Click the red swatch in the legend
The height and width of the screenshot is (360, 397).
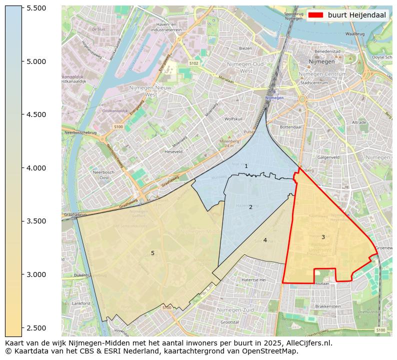click(x=315, y=15)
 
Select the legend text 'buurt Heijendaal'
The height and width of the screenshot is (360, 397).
click(x=356, y=15)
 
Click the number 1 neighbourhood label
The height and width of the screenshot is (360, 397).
click(x=246, y=166)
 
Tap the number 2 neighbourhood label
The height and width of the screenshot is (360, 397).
click(x=250, y=207)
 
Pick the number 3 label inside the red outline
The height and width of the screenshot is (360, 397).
click(x=323, y=237)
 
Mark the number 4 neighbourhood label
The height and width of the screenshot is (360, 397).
click(x=265, y=240)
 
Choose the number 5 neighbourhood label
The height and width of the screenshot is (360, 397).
click(x=152, y=253)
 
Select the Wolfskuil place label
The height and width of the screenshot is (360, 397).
click(x=233, y=119)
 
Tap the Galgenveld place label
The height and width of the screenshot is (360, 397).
click(x=328, y=157)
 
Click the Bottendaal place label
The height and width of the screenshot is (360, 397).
click(x=291, y=127)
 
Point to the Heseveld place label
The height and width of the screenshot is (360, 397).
click(x=173, y=151)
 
